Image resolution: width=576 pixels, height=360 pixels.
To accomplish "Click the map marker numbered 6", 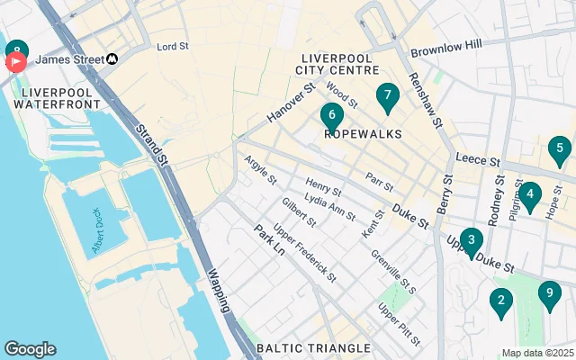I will point(332,116).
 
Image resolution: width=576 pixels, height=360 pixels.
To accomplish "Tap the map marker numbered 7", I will point(387,95).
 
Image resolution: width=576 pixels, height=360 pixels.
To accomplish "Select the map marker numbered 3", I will point(471,240).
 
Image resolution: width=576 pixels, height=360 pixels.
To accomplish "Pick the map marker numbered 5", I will point(530,194).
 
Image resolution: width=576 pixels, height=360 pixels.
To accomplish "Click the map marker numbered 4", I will point(560,149).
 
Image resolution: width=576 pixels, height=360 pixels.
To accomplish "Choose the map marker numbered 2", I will point(500,301).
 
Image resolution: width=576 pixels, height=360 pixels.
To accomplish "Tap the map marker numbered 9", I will point(549,293).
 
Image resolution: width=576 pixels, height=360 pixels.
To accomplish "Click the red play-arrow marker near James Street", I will point(16,62).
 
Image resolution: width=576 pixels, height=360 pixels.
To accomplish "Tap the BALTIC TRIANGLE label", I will point(312,347).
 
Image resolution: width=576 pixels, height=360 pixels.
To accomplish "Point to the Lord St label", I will point(172,46).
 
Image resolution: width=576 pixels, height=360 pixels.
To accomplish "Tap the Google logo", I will point(30,349).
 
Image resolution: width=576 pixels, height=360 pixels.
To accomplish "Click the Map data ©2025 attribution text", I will point(537,354).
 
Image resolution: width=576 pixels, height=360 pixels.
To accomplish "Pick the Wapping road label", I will point(220,289).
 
